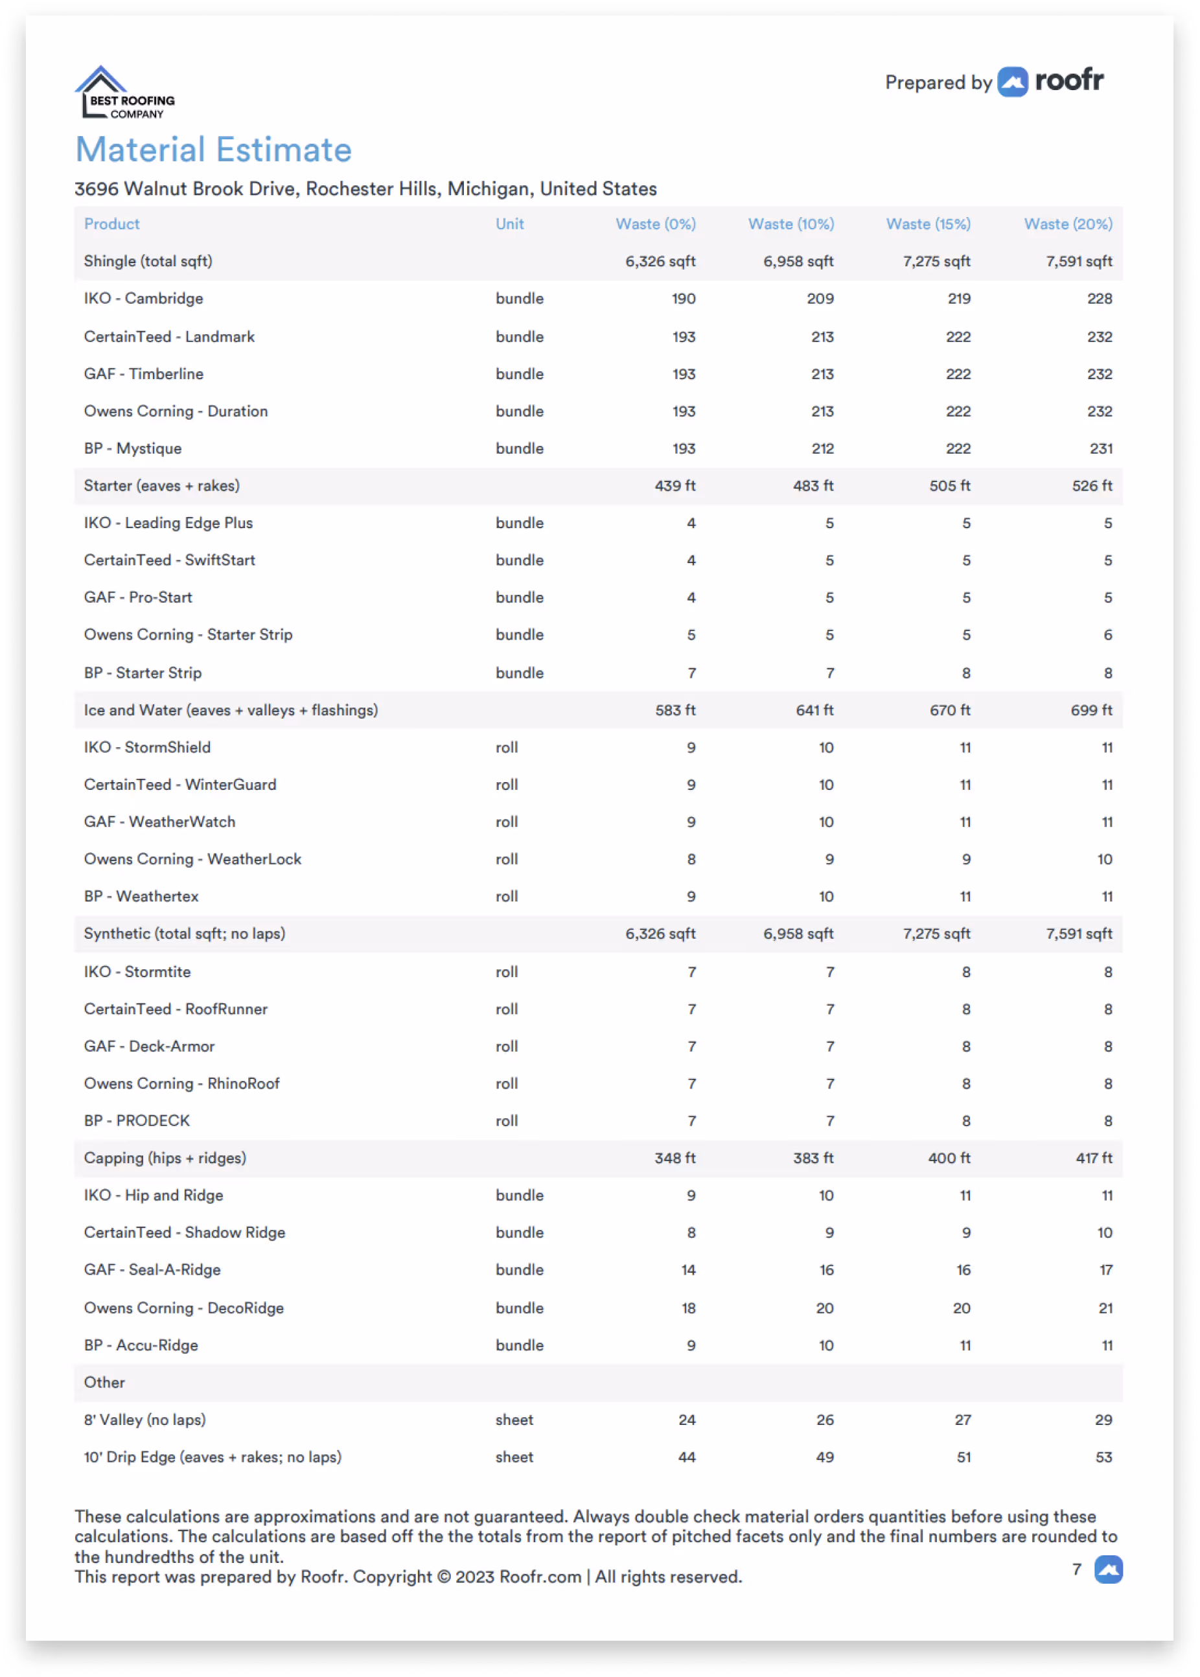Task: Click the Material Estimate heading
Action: [214, 150]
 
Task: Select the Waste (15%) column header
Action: [928, 224]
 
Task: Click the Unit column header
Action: [509, 224]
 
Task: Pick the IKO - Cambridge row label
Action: [143, 299]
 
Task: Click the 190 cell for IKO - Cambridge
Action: [684, 299]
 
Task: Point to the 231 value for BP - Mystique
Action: [1100, 448]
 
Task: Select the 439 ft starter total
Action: [675, 485]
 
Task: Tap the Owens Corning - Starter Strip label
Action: [188, 634]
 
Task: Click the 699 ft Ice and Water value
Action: [1090, 710]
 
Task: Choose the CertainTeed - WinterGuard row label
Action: [179, 785]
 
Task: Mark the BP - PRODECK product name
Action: [137, 1121]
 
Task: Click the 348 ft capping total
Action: [675, 1158]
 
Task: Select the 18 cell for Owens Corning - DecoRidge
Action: [688, 1308]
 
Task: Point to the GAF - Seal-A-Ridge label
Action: [152, 1270]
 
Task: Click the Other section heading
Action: [104, 1382]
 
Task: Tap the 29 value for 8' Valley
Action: [1103, 1420]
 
